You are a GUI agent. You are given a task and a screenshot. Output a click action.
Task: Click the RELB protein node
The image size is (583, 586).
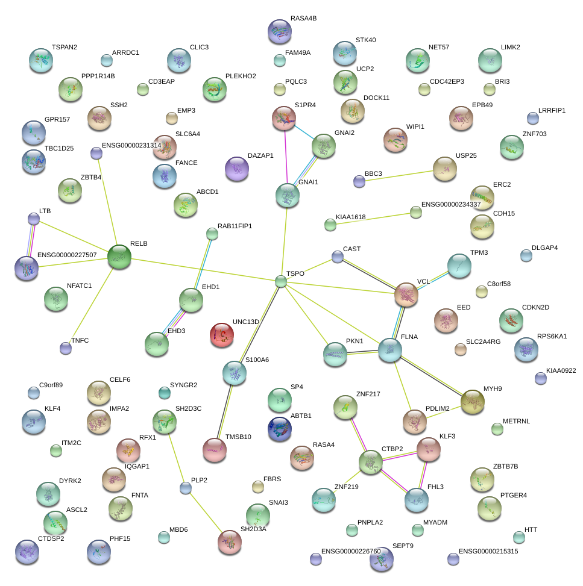[119, 257]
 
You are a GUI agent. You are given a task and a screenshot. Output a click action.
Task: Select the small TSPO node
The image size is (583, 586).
[280, 281]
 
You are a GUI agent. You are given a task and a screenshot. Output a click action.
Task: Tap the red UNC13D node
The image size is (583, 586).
[222, 335]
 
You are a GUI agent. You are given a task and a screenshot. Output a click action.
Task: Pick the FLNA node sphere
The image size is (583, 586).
[389, 351]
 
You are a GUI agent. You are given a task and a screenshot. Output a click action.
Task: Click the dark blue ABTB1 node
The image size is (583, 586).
[280, 429]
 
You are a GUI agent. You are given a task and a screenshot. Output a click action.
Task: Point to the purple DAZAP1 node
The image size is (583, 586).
[236, 169]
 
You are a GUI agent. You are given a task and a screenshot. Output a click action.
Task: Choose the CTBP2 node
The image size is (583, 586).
[370, 462]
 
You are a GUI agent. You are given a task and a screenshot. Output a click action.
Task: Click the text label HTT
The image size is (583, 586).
[531, 529]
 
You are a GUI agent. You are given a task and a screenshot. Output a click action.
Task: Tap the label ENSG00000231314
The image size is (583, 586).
[131, 145]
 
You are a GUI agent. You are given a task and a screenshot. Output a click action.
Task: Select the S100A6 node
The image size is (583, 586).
[234, 373]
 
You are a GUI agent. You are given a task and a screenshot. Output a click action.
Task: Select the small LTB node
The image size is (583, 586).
[34, 219]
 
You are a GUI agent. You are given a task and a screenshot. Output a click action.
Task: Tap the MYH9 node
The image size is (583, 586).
[473, 402]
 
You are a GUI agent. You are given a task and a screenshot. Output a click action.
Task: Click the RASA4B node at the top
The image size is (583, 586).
[279, 31]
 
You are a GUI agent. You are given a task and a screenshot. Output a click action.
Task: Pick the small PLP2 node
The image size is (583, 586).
[186, 488]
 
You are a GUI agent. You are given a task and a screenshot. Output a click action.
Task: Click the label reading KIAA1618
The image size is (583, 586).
[350, 217]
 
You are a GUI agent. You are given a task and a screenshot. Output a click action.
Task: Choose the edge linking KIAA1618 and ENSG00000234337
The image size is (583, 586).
[373, 219]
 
